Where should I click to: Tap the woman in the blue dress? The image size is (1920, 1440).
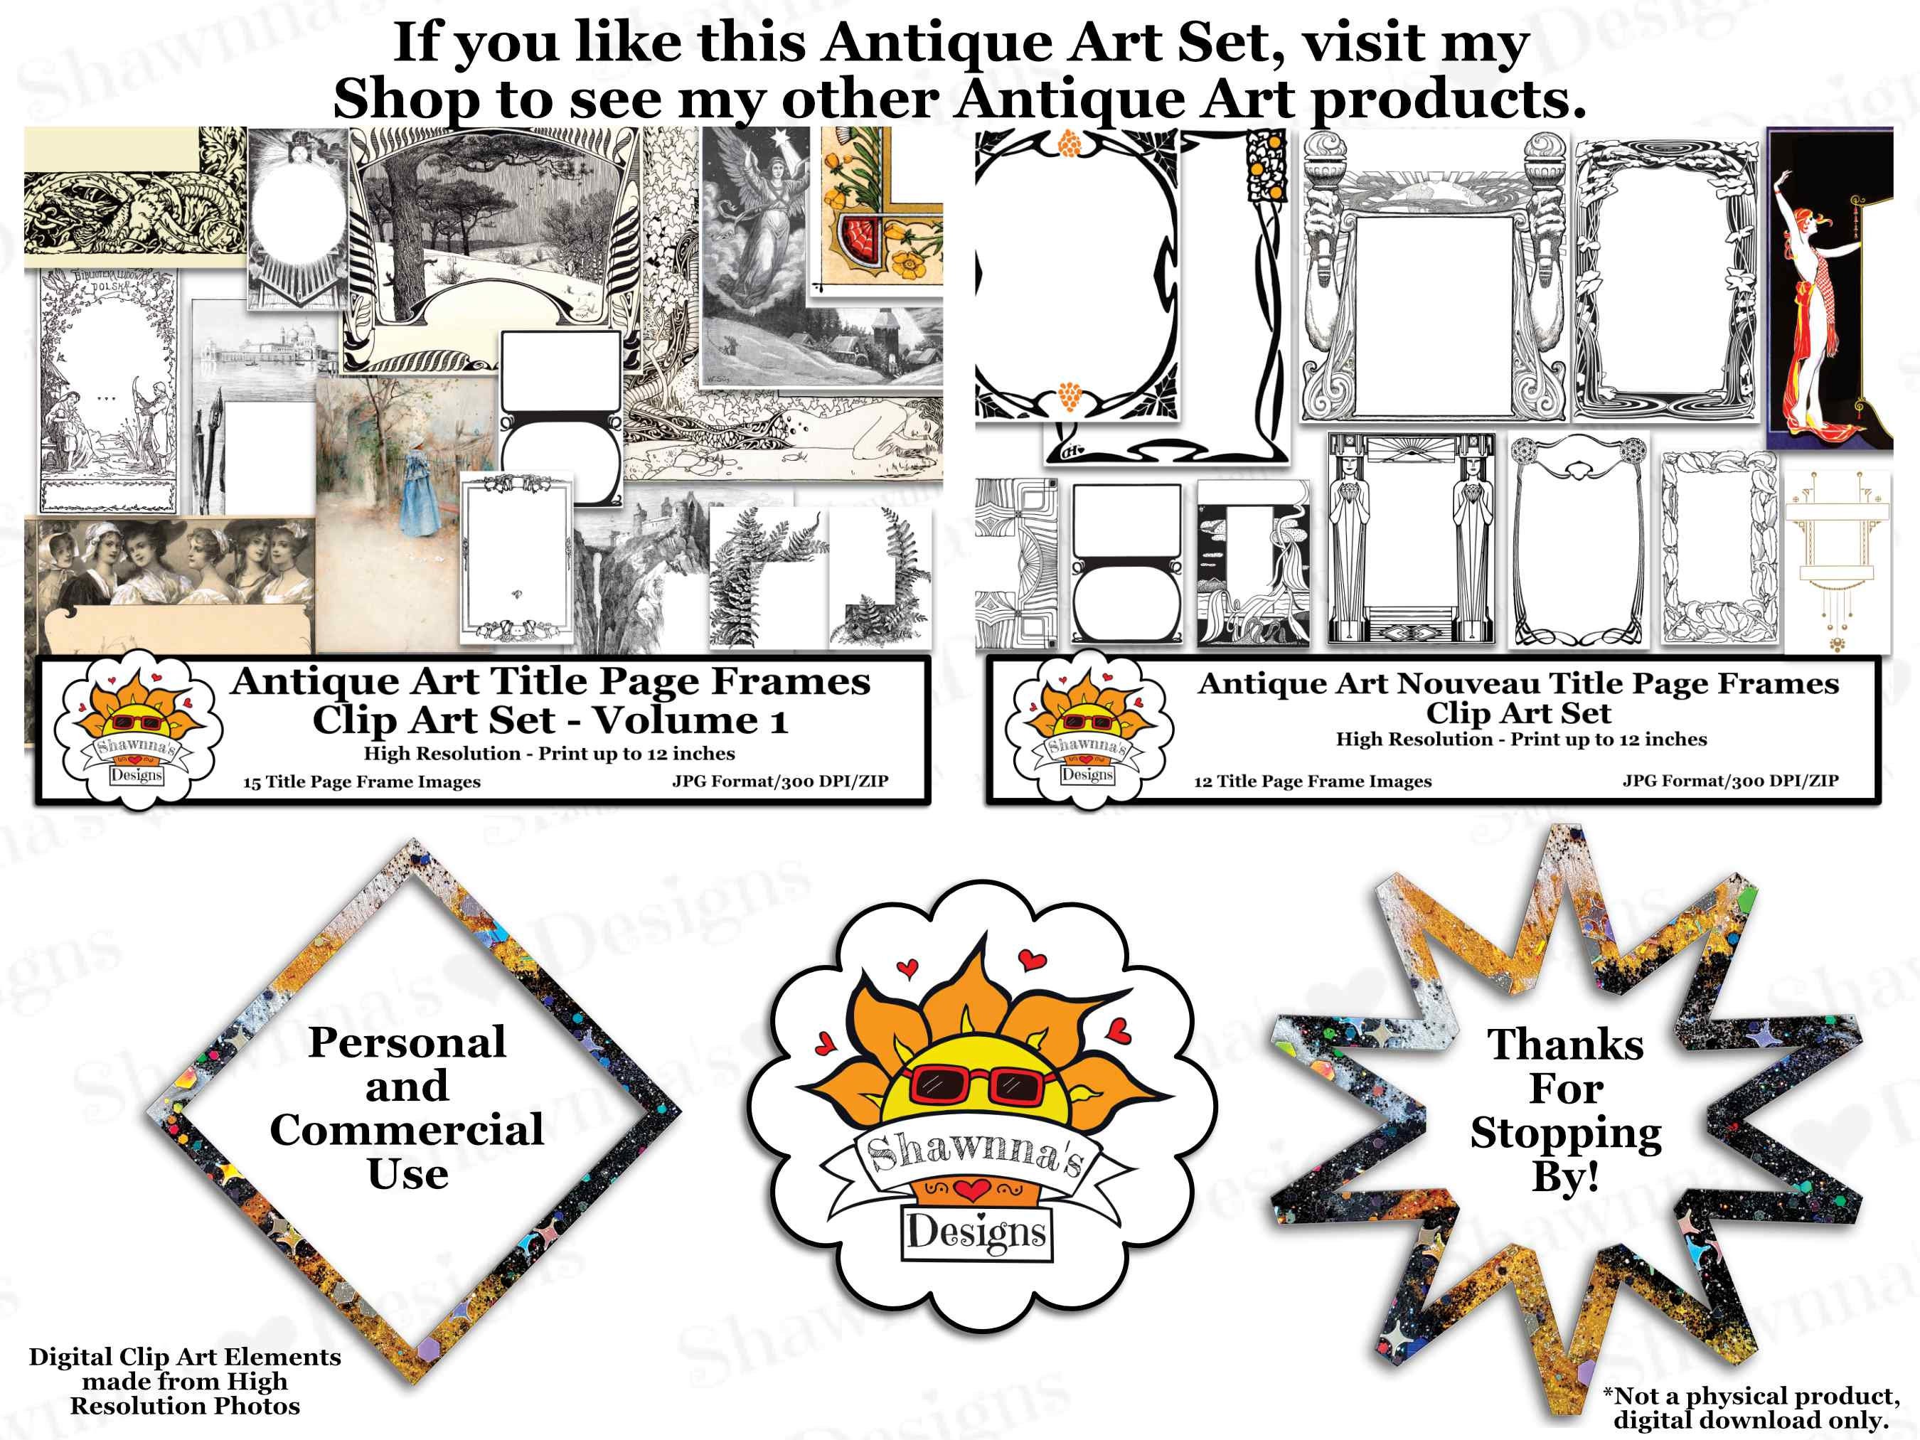click(421, 491)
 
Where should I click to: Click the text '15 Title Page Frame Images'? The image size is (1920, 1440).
click(361, 782)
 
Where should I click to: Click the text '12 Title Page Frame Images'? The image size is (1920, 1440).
click(1313, 782)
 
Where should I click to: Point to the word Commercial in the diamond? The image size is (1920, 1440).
click(406, 1130)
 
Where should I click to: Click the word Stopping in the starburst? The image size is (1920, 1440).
click(1565, 1133)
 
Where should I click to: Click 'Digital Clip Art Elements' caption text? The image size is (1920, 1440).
click(185, 1357)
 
